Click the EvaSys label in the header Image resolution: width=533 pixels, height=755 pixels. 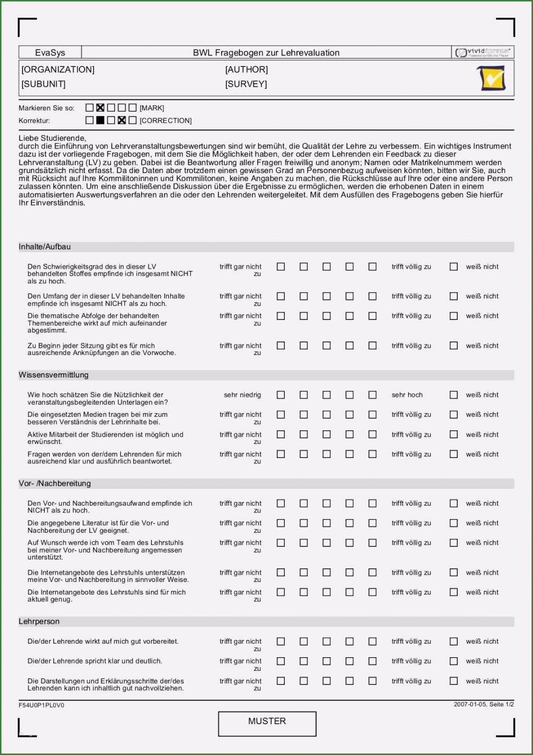(x=50, y=53)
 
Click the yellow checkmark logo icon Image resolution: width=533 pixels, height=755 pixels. (x=492, y=78)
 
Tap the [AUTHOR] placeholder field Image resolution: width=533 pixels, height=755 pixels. (x=246, y=70)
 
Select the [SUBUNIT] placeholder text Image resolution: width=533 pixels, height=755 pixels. (x=43, y=84)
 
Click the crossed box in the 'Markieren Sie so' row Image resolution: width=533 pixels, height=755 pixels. (x=100, y=108)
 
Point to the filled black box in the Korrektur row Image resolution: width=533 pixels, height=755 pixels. (x=100, y=120)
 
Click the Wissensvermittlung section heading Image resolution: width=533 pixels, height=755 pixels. (x=54, y=375)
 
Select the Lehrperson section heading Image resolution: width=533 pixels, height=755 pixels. (x=39, y=622)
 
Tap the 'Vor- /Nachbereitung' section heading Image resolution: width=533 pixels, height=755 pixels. (x=55, y=484)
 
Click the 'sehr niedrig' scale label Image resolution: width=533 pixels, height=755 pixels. (x=242, y=395)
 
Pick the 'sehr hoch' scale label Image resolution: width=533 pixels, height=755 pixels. (x=407, y=395)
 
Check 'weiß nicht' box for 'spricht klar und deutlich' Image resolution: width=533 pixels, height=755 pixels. (x=454, y=661)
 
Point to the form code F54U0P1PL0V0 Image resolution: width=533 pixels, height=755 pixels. (x=41, y=705)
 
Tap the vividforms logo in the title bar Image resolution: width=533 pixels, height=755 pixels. (x=483, y=52)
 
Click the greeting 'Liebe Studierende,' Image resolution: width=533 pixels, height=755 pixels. (x=52, y=138)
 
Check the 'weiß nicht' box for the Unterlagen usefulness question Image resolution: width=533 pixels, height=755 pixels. (x=454, y=395)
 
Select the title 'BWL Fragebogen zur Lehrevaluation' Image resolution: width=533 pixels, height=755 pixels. (x=266, y=53)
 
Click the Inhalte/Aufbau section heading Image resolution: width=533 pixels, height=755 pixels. (x=45, y=247)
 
